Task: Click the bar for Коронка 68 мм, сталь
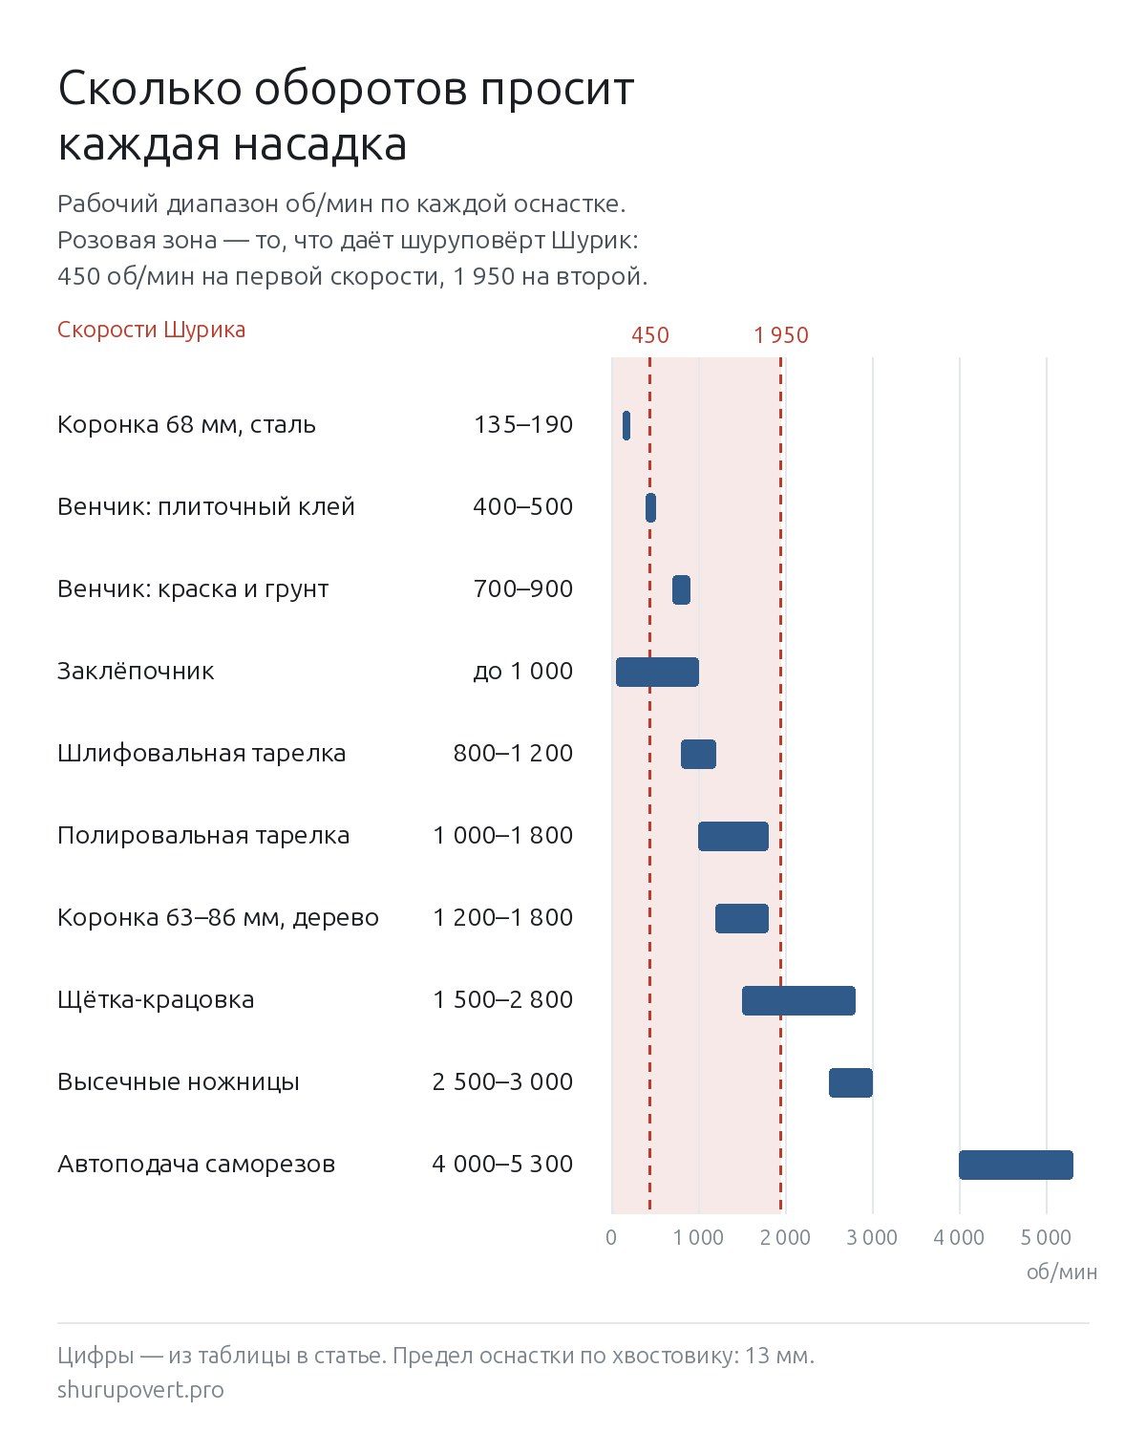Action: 626,425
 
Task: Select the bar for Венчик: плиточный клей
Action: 650,508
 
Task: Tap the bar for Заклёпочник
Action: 657,672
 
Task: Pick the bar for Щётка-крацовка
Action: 798,1001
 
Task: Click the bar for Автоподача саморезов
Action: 1015,1165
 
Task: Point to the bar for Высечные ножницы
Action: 850,1082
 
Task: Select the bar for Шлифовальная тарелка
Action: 698,755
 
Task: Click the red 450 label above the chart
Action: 650,335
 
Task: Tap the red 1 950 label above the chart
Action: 781,335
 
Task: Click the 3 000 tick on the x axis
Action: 872,1238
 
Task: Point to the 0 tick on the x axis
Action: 611,1238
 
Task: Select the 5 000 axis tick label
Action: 1046,1238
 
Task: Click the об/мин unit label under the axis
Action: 1061,1273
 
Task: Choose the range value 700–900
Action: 522,588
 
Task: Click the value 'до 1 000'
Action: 522,671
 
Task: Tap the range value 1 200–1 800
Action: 502,918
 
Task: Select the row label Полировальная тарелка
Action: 203,835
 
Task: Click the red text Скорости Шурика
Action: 151,330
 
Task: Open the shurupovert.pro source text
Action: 140,1390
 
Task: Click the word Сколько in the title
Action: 150,89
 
